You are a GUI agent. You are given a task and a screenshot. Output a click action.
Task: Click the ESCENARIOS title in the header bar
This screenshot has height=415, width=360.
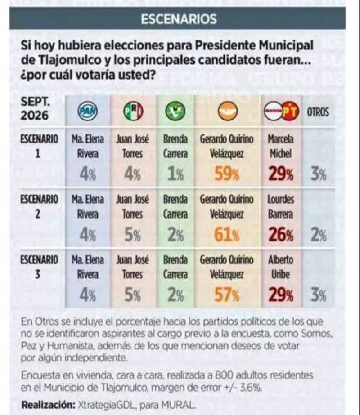[x=179, y=19]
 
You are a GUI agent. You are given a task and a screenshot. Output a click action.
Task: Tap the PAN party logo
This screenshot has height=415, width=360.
[x=88, y=112]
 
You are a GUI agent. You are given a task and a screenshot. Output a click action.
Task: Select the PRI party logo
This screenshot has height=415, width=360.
[x=133, y=112]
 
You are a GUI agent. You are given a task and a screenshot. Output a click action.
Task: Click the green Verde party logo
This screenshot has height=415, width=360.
[x=175, y=112]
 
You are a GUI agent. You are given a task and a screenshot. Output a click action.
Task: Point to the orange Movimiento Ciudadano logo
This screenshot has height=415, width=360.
[x=228, y=112]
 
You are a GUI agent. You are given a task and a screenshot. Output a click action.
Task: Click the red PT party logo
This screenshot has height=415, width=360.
[x=290, y=112]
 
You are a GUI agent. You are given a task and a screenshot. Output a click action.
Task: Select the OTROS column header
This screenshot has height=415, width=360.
[x=318, y=112]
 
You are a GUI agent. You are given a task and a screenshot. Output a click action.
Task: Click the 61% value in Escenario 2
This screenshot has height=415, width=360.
[x=227, y=235]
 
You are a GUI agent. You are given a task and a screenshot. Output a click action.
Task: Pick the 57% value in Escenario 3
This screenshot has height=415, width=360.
[x=227, y=295]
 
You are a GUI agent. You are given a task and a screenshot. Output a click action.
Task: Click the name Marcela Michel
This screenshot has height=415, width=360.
[x=281, y=147]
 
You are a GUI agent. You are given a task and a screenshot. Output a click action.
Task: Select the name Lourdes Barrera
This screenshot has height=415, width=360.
[x=281, y=207]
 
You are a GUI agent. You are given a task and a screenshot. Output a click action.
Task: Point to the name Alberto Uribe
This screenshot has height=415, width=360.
[x=281, y=267]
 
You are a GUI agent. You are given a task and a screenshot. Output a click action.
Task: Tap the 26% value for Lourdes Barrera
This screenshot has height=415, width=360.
[x=281, y=235]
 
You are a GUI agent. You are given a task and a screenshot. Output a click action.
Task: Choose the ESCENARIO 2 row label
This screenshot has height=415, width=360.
[x=39, y=206]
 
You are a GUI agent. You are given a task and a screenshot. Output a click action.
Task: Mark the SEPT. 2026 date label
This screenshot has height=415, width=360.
[x=35, y=108]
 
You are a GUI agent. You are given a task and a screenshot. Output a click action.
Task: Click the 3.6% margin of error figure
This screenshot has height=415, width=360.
[x=251, y=388]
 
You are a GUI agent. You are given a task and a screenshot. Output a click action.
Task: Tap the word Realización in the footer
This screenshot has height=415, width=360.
[x=48, y=405]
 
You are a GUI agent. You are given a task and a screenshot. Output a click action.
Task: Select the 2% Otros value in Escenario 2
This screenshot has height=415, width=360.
[x=319, y=235]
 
